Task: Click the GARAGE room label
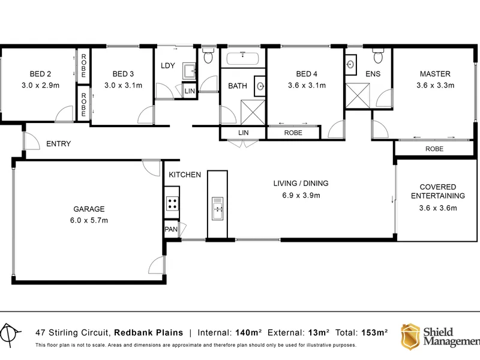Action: pos(89,209)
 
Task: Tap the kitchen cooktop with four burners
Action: pos(172,203)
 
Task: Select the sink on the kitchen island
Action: pos(218,208)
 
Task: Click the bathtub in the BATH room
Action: pos(243,58)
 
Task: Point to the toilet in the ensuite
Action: pos(378,56)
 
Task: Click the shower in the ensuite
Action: pos(358,95)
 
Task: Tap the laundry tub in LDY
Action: pos(189,71)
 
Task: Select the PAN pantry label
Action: pos(171,229)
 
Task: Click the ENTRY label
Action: pos(58,143)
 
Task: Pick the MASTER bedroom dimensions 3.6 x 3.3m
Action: pos(435,85)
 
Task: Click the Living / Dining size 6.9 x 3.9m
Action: pos(301,196)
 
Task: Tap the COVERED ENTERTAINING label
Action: pos(438,191)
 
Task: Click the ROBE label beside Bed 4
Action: pos(293,133)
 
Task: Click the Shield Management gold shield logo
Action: pos(410,337)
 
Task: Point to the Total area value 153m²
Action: pos(374,332)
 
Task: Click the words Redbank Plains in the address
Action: pos(148,332)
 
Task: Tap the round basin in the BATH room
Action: pos(260,86)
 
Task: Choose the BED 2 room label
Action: pos(40,74)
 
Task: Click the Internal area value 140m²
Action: pos(248,332)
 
